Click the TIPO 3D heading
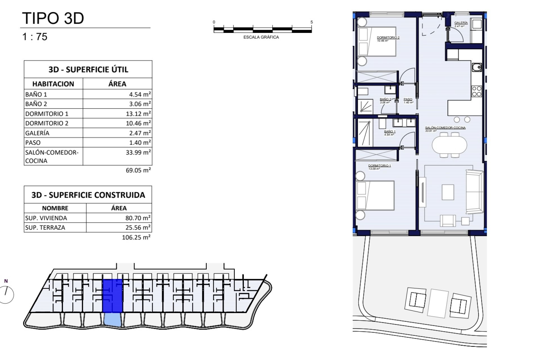[53, 18]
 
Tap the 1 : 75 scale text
[35, 37]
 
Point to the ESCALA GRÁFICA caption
[261, 37]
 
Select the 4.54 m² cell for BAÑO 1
[140, 94]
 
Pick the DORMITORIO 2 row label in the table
[47, 123]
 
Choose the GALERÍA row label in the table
[37, 133]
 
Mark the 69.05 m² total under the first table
[138, 170]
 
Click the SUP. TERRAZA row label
[45, 228]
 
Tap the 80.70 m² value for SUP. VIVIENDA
[138, 218]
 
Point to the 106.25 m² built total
[136, 237]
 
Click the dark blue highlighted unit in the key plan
[112, 296]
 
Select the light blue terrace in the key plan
[113, 320]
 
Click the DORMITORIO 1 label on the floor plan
[379, 166]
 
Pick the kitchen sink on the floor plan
[477, 67]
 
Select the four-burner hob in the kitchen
[477, 91]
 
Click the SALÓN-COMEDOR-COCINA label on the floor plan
[445, 128]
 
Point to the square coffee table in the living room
[448, 192]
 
